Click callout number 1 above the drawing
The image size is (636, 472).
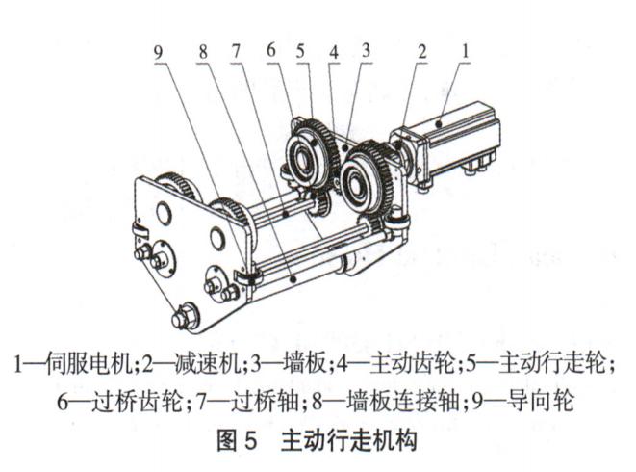point(466,52)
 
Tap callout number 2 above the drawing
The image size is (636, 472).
point(422,52)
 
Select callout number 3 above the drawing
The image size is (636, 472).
point(366,50)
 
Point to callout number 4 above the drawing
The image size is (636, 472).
point(334,52)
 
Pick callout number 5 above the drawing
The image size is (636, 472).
point(300,51)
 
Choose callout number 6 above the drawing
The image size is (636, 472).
point(271,50)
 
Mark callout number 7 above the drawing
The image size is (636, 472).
point(236,51)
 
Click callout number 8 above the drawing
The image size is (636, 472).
point(203,52)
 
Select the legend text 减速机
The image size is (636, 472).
point(210,363)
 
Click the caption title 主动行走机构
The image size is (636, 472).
point(349,441)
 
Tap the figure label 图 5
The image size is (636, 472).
point(237,441)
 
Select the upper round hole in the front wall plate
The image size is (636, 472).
point(164,212)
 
